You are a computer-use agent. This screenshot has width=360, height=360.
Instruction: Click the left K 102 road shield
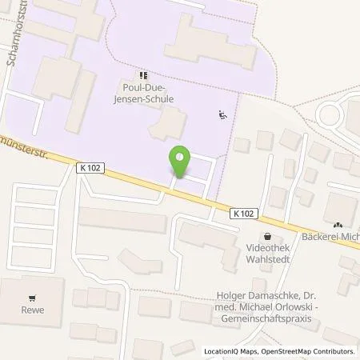point(90,167)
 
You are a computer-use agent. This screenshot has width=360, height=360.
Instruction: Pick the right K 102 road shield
point(246,213)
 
